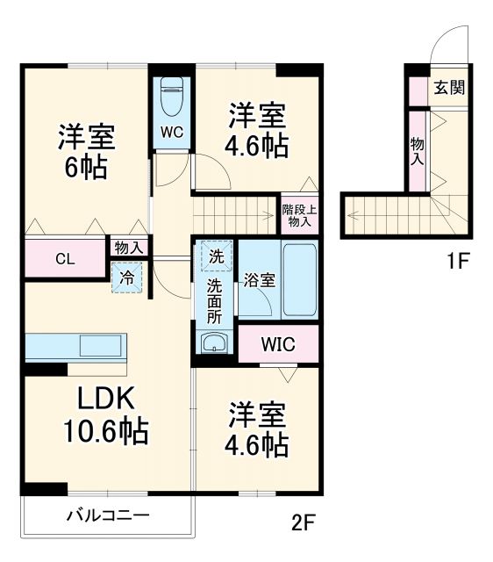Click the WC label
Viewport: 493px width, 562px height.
tap(172, 134)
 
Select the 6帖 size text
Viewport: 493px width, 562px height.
tap(85, 167)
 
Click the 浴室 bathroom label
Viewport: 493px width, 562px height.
tap(260, 281)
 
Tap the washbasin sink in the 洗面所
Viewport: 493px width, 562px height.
tap(214, 343)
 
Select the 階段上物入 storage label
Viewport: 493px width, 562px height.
tap(299, 216)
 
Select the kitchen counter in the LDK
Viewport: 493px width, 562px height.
tap(77, 346)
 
